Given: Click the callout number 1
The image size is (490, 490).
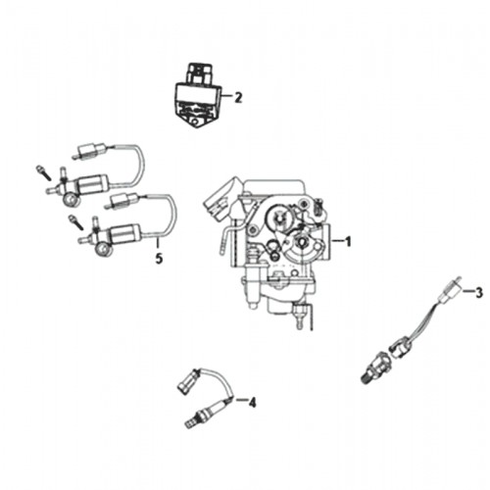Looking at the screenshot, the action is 348,241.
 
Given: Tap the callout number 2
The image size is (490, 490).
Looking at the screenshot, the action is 238,97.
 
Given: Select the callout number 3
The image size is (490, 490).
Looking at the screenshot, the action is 478,292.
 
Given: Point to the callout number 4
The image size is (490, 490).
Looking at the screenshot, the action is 252,402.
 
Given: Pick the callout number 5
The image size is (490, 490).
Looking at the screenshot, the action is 159,259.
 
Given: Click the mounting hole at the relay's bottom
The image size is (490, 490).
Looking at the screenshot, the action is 195,122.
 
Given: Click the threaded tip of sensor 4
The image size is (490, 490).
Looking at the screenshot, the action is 189,424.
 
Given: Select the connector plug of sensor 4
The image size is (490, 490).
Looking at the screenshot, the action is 185,381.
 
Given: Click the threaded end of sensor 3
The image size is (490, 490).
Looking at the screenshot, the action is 367,377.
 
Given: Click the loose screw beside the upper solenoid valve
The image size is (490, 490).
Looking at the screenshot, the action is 43,172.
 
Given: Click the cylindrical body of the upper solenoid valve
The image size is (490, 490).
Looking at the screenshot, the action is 94,183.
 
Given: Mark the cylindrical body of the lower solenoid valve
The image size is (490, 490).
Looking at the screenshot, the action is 126,233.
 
